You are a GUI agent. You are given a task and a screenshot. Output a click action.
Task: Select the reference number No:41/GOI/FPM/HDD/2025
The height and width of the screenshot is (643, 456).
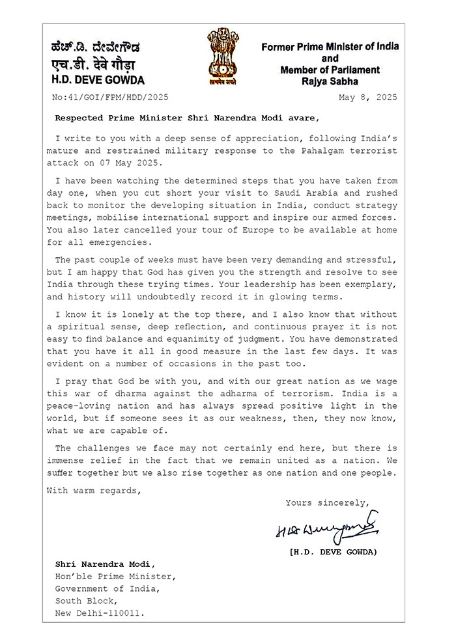109,98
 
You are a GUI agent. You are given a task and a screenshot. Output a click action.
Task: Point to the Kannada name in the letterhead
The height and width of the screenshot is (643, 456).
95,48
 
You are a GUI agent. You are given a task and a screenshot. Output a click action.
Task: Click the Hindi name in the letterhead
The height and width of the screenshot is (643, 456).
94,64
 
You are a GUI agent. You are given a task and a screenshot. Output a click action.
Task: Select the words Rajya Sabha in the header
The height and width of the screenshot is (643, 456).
330,81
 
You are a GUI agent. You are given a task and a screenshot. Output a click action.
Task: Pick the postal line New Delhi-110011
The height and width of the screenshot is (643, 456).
99,612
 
